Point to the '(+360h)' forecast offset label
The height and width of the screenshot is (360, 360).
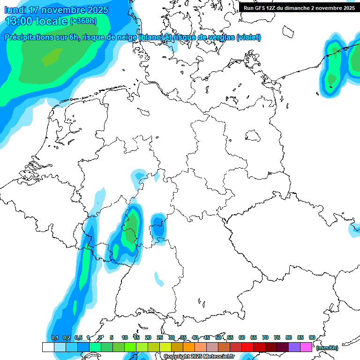[83, 21]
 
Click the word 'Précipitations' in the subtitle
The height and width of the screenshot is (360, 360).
[30, 37]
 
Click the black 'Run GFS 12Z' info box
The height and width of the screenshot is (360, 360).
[299, 7]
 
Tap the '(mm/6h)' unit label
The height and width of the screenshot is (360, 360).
[327, 348]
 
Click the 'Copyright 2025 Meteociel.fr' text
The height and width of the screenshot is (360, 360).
[199, 357]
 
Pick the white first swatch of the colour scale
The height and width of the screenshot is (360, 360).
[48, 347]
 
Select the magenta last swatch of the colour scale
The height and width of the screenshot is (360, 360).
[306, 347]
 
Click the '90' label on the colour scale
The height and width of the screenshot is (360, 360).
[312, 337]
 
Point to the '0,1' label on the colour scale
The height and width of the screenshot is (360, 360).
[54, 337]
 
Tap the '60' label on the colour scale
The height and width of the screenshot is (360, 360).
[242, 337]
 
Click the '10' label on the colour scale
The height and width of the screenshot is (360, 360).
[125, 337]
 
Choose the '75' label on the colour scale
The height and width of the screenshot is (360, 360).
[277, 337]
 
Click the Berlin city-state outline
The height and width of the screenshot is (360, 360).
[254, 136]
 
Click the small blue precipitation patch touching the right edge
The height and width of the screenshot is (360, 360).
[355, 229]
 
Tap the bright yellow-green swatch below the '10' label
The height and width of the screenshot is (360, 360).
[130, 347]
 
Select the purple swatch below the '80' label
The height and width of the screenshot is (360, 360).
[294, 347]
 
